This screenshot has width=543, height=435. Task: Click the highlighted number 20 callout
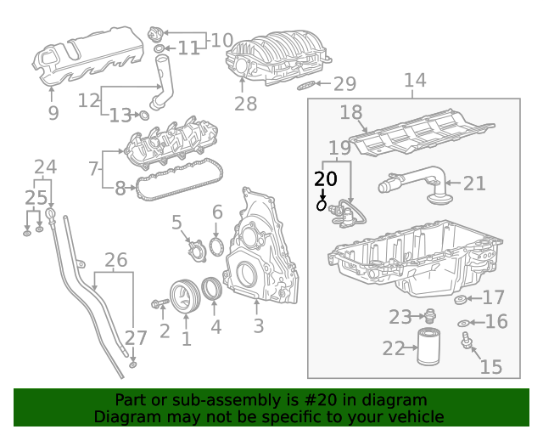[325, 179]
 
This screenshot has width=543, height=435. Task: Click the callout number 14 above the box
[414, 81]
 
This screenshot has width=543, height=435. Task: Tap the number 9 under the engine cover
[53, 113]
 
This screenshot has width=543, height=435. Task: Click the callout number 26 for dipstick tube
[115, 259]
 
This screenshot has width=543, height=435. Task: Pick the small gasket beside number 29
[309, 85]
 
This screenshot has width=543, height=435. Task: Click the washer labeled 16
[462, 323]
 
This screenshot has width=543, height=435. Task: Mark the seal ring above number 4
[215, 291]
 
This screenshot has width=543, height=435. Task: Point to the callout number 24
[45, 167]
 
